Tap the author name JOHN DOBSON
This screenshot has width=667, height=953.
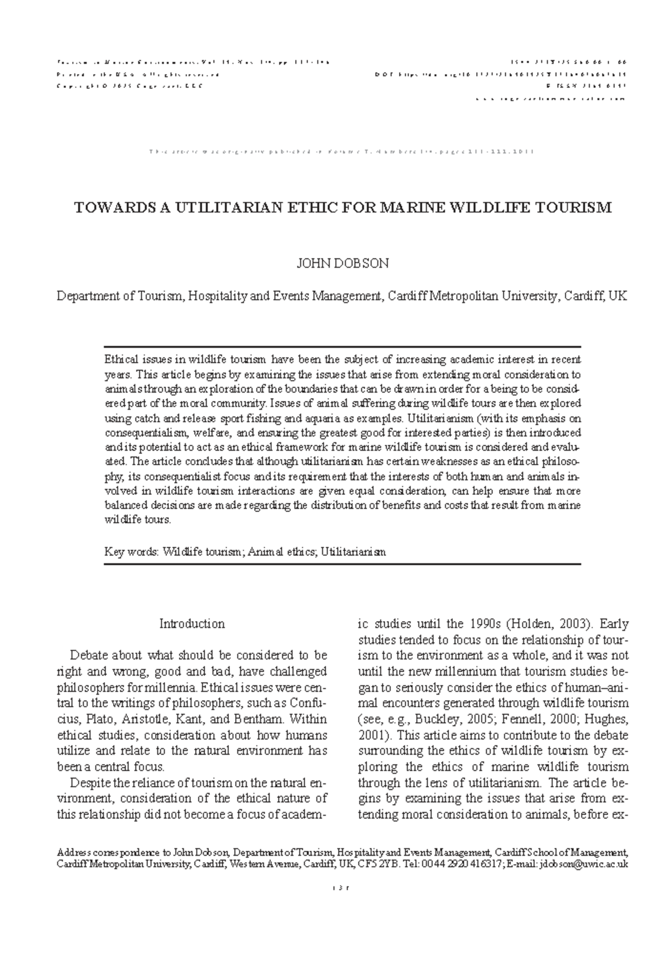pyautogui.click(x=342, y=264)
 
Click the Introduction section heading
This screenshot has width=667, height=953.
pyautogui.click(x=192, y=624)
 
